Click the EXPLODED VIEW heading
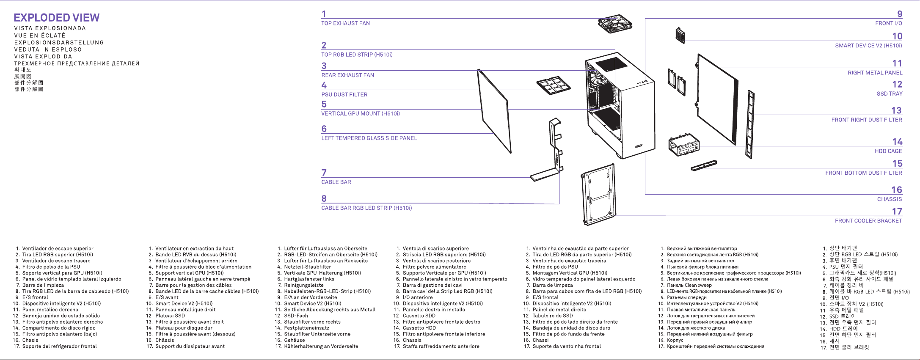(x=57, y=18)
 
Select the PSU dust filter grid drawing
(x=554, y=85)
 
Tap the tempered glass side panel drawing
(x=494, y=111)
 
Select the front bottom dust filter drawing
(x=704, y=165)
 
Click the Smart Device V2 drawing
(x=680, y=36)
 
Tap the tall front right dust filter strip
(x=750, y=124)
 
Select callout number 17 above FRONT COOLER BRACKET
(x=897, y=212)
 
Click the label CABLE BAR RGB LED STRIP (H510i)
(x=366, y=208)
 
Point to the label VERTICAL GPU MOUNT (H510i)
(x=361, y=114)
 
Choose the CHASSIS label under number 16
(x=890, y=199)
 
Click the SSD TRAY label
(x=890, y=94)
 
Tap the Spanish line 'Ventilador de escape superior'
(x=58, y=249)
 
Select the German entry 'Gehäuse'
(x=295, y=340)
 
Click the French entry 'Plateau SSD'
(x=170, y=316)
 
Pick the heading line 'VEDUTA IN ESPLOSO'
(x=48, y=49)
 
